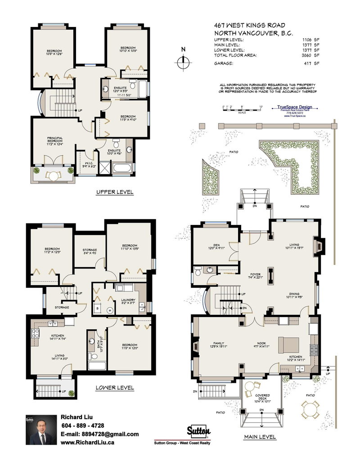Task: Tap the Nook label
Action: (261, 344)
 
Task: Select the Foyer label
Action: (256, 275)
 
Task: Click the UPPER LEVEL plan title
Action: (115, 192)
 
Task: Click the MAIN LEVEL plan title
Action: (260, 437)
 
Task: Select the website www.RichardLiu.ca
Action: (87, 443)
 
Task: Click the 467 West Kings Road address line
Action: (250, 25)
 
